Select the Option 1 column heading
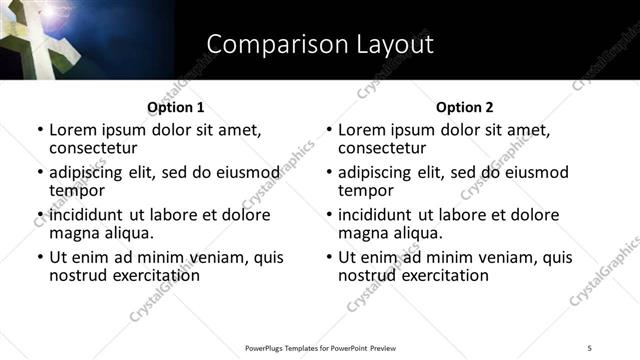click(x=175, y=107)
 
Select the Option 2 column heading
click(x=464, y=107)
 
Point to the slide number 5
click(x=590, y=348)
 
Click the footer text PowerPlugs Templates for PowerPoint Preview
click(x=320, y=348)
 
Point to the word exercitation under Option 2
click(x=440, y=275)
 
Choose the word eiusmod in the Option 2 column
click(x=535, y=172)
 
